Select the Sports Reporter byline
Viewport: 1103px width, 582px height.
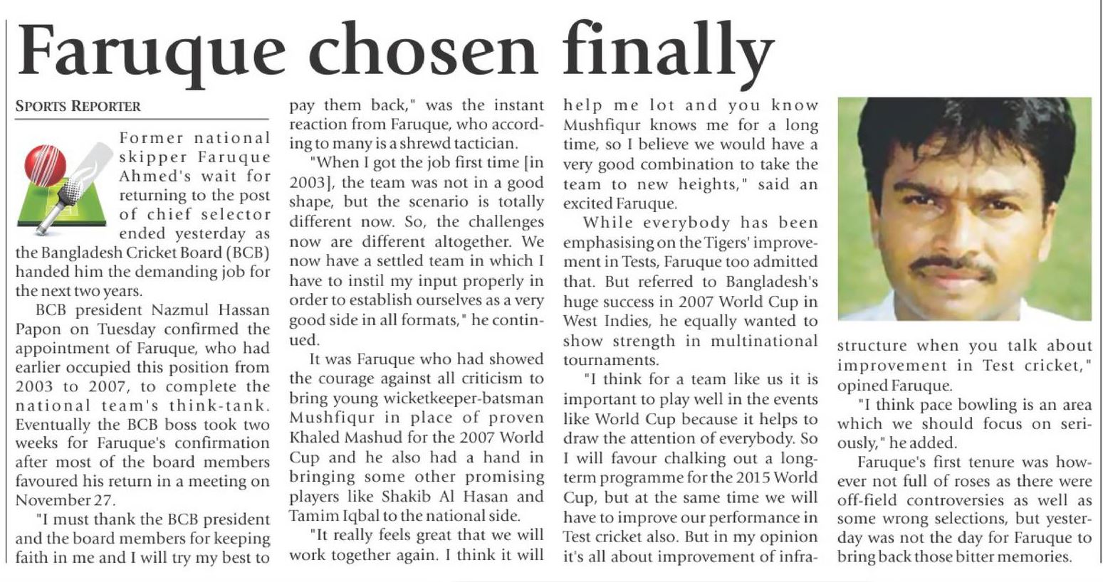point(78,107)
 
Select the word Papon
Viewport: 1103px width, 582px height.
point(38,329)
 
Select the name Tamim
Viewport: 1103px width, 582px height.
point(314,516)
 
